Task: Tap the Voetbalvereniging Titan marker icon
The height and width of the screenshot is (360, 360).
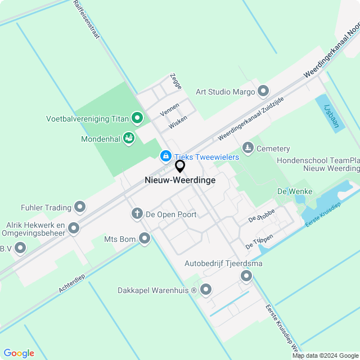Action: coord(137,118)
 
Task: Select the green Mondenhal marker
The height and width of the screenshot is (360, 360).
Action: coord(129,138)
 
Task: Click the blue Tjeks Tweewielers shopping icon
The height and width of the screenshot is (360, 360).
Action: coord(165,156)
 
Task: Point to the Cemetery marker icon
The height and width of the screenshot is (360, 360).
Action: coord(247,148)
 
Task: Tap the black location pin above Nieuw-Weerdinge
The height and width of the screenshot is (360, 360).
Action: coord(180,166)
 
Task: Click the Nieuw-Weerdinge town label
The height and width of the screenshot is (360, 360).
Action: coord(180,181)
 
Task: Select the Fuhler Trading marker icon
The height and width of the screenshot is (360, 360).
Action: coord(80,208)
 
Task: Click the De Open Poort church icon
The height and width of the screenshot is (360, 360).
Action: coord(137,214)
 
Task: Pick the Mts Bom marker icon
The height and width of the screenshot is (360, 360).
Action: coord(145,239)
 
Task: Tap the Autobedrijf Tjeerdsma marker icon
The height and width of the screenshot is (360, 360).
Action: coord(246,276)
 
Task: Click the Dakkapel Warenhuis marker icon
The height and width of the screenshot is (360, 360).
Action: coord(206,290)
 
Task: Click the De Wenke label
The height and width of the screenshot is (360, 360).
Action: coord(294,192)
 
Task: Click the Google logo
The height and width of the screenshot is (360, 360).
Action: coord(19,353)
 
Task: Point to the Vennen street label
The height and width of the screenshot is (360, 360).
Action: coord(169,109)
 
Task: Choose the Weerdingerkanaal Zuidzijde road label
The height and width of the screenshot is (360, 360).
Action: coord(251,118)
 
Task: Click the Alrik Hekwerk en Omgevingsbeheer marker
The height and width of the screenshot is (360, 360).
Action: coord(74,228)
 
